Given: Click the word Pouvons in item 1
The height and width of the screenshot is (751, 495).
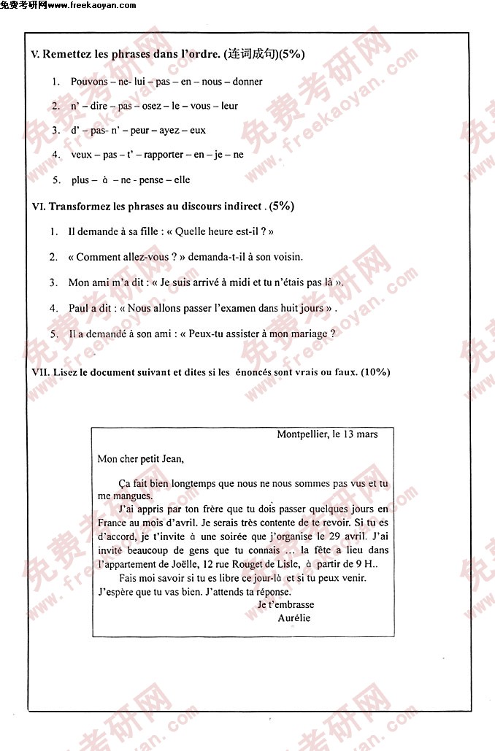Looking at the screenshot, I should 88,82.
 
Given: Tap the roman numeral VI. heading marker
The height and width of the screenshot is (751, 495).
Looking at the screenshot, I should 39,207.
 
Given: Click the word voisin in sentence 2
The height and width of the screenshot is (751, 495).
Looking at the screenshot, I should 287,257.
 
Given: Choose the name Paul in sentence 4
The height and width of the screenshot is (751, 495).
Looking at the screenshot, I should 78,308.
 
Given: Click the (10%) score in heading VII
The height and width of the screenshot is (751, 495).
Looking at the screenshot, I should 375,372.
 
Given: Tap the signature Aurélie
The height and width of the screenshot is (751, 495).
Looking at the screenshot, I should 294,617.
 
